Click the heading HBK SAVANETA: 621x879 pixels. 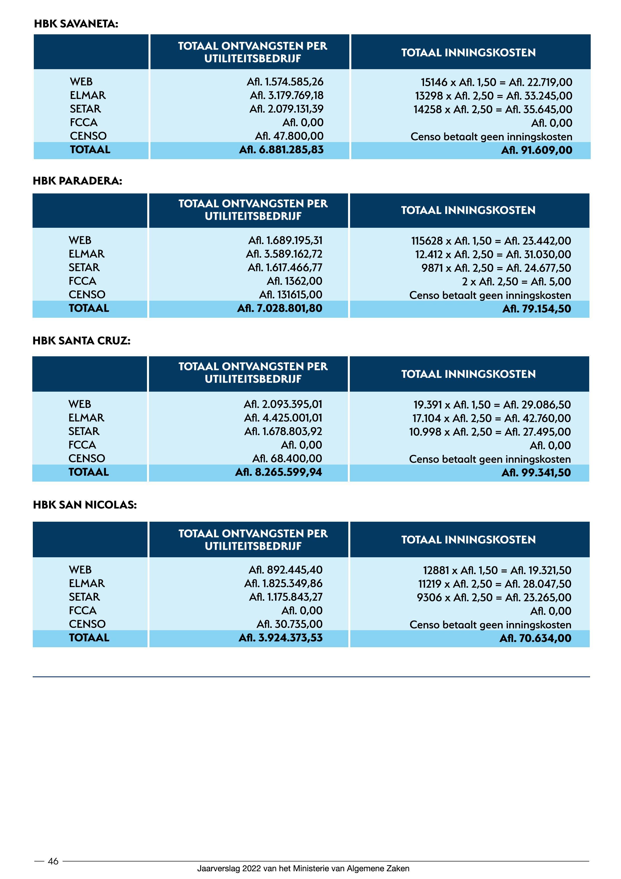tap(76, 24)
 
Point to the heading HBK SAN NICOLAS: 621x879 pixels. tap(85, 505)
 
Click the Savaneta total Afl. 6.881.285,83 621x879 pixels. tap(281, 150)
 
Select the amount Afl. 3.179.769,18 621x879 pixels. tap(286, 95)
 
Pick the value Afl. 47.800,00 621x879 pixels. tap(289, 136)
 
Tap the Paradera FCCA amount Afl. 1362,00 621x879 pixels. tap(294, 281)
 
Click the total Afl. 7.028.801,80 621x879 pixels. tap(280, 308)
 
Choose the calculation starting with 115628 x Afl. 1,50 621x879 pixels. tap(491, 241)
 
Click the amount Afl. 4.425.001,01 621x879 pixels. tap(283, 418)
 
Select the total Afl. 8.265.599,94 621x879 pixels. tap(278, 472)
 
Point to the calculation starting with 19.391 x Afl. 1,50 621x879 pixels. tap(492, 405)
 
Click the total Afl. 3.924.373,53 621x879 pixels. tap(280, 637)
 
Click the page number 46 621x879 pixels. tap(53, 861)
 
